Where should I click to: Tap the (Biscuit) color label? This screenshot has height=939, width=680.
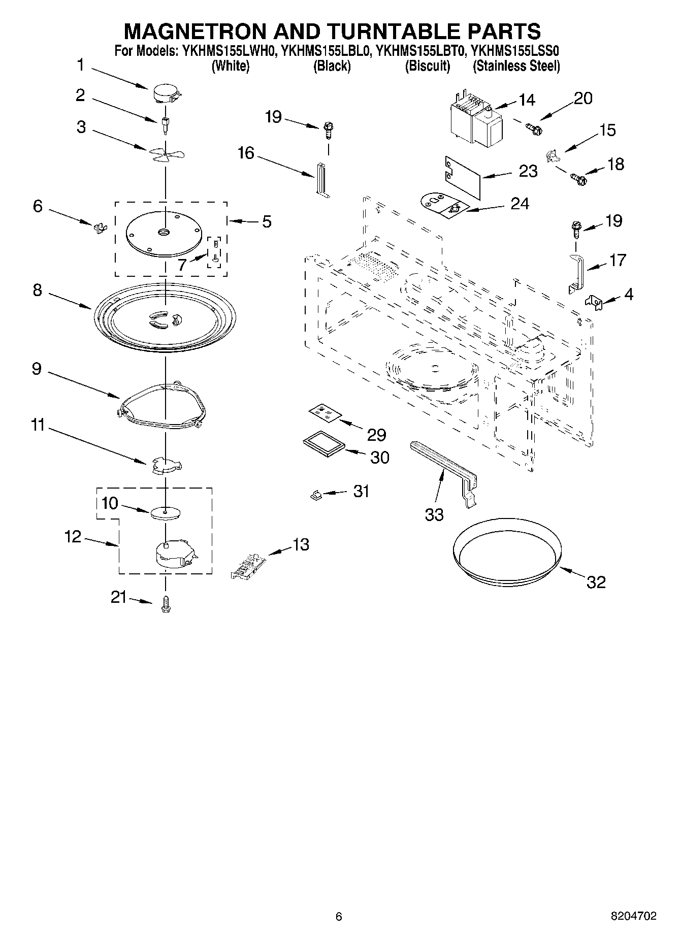click(x=427, y=66)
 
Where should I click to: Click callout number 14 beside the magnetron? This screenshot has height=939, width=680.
click(x=527, y=100)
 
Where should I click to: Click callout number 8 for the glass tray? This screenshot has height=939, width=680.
click(x=38, y=291)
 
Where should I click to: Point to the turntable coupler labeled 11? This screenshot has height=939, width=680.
click(x=167, y=465)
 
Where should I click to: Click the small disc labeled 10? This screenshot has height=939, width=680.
click(x=166, y=513)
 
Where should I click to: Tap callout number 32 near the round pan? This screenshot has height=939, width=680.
click(x=596, y=582)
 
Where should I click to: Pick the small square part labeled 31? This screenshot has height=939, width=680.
click(x=315, y=494)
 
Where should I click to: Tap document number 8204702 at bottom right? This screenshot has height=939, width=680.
click(x=633, y=916)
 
